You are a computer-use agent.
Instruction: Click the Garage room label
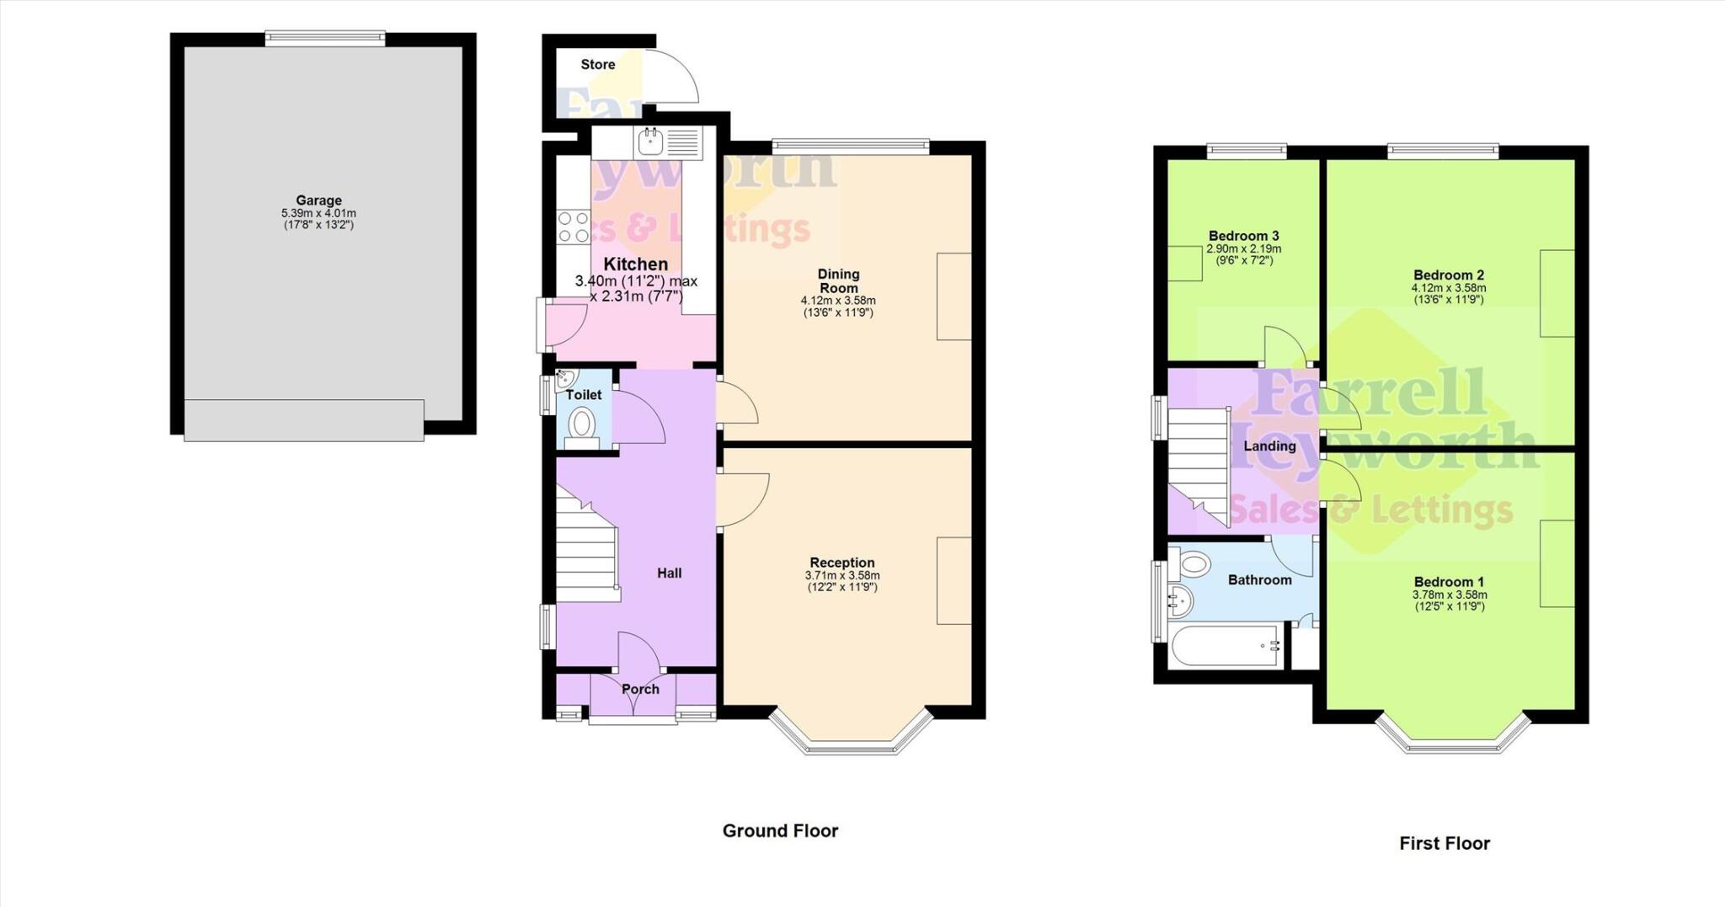pos(318,200)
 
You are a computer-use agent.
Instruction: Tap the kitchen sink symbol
pos(651,142)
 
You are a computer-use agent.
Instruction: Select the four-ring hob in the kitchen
pos(574,227)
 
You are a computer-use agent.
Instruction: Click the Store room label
pos(598,64)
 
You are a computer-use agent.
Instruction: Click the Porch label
pos(640,689)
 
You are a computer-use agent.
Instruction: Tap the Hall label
pos(670,573)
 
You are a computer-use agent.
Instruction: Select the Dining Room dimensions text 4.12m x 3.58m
pos(838,301)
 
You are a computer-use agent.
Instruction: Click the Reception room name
pos(842,563)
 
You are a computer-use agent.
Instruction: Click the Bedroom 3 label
pos(1243,236)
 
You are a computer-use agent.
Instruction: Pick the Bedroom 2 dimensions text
pos(1449,288)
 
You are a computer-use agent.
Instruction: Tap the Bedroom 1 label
pos(1449,582)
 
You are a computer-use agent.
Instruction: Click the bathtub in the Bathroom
pos(1226,647)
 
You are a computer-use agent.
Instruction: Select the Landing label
pos(1269,446)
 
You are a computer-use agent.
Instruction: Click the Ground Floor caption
pos(780,831)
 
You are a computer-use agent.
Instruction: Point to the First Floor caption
pos(1445,843)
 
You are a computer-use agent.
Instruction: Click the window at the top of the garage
pos(325,38)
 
